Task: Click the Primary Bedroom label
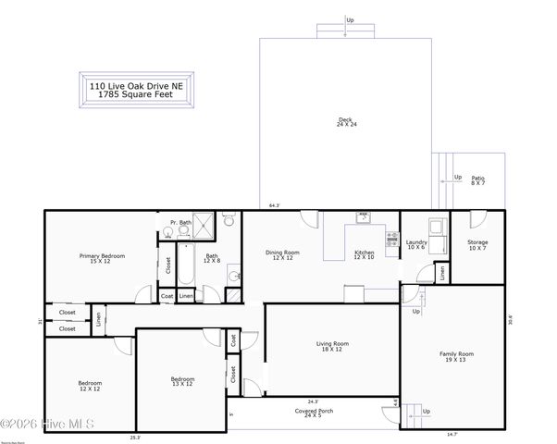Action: (x=102, y=255)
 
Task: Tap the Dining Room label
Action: (x=282, y=253)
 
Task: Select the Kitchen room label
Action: (x=364, y=253)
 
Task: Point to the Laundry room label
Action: (x=416, y=242)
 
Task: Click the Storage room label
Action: (x=477, y=242)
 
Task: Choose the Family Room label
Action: (x=455, y=353)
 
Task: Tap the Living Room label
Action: (x=330, y=344)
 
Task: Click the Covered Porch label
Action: (x=308, y=410)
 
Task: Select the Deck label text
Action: (x=345, y=118)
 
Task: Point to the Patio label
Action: (x=477, y=179)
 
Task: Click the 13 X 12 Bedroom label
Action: (x=182, y=378)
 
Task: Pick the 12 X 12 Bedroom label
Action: (x=90, y=383)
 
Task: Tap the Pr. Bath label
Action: (x=180, y=222)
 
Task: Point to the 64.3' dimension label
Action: (x=274, y=205)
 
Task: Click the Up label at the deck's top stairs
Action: (x=350, y=19)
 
